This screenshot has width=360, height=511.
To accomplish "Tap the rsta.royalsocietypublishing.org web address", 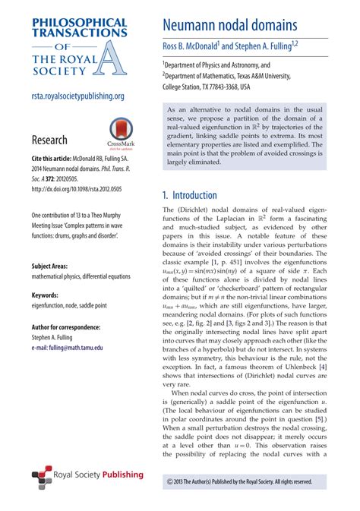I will click(78, 96).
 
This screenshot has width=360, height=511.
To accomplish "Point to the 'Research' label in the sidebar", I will click(49, 140).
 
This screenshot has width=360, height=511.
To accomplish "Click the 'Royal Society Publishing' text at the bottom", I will click(99, 475).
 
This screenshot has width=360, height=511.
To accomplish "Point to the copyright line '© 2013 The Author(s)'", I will click(239, 481).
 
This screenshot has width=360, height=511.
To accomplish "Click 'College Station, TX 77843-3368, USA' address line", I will click(226, 87).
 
